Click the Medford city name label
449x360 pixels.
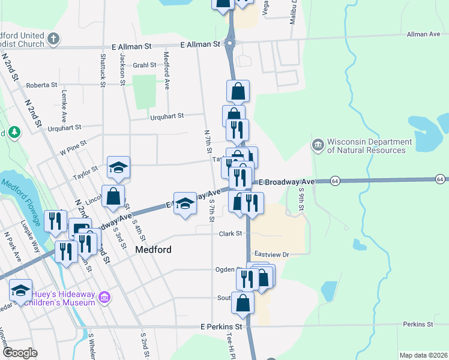point(154,250)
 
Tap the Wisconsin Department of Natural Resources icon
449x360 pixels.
point(318,145)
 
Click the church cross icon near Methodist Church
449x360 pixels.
point(54,40)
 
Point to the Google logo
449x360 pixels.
point(20,353)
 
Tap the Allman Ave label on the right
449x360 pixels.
point(423,35)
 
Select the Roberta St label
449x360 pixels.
point(41,85)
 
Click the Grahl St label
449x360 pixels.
point(145,65)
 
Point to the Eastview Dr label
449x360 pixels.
point(272,255)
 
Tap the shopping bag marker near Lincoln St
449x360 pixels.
point(113,196)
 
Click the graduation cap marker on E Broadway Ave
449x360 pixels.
point(185,202)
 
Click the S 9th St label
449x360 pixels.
point(302,199)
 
